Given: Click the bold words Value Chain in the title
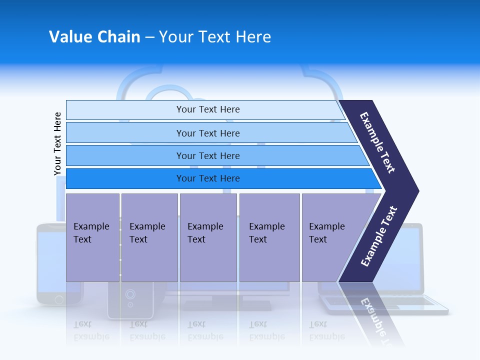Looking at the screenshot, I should (x=94, y=37).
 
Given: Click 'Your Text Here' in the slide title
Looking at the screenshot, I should (x=215, y=37).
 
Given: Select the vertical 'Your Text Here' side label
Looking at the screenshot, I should (x=57, y=143).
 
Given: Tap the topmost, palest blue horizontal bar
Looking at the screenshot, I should (x=207, y=109).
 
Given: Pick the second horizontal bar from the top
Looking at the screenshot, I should (x=207, y=133).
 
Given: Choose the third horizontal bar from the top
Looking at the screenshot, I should (x=207, y=155).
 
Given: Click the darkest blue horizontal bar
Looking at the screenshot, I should (x=207, y=178).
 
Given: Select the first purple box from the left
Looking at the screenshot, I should (x=92, y=237).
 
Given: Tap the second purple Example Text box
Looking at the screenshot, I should (x=149, y=237).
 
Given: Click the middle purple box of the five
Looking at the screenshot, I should (x=208, y=237).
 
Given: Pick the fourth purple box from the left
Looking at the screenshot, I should (x=269, y=237).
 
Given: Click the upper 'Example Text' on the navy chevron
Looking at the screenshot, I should (x=377, y=142).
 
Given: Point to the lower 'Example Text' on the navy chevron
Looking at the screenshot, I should (x=379, y=236).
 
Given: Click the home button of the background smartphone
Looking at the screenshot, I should (x=59, y=299).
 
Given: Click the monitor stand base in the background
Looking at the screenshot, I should (x=227, y=305).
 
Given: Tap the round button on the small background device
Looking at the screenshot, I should (x=130, y=294).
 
